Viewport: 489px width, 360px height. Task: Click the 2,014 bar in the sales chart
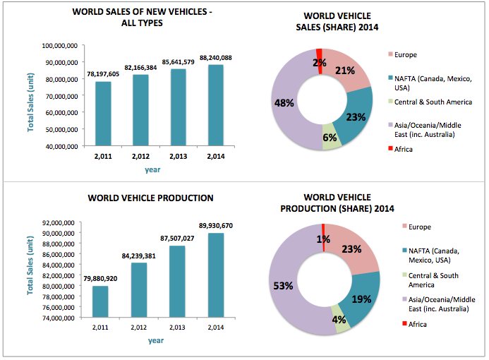pos(216,107)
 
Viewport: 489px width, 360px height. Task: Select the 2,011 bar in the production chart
pos(101,301)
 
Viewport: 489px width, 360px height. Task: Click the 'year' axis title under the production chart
pos(156,341)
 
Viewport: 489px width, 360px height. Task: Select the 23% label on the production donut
pos(352,248)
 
